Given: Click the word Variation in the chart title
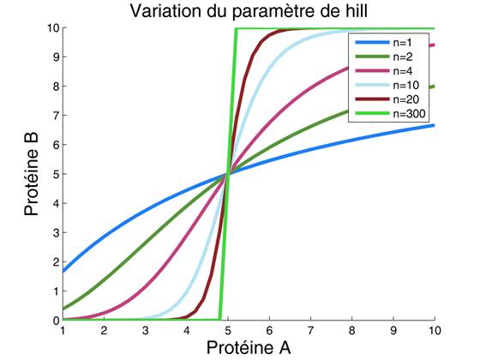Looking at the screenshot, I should (x=162, y=12).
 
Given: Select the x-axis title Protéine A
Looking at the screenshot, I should (x=248, y=347).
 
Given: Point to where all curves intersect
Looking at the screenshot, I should (x=228, y=175).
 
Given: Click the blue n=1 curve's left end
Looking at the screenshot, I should (x=63, y=272).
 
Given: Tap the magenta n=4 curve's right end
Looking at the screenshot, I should (x=434, y=45).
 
